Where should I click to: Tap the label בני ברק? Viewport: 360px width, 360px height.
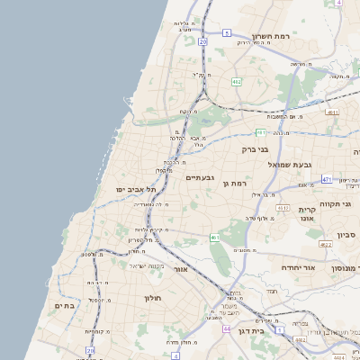tap(257, 149)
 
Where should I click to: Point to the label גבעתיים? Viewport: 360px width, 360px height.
tap(199, 177)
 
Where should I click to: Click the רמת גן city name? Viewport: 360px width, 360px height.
tap(234, 184)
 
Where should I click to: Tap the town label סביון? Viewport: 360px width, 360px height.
tap(346, 235)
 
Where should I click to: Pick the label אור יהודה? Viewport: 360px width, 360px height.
tap(289, 267)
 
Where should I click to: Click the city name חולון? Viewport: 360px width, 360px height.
tap(151, 297)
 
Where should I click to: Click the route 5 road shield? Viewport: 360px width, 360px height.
tap(227, 32)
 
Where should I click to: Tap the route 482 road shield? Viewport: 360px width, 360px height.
tap(236, 81)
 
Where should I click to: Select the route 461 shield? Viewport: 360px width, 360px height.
tap(215, 238)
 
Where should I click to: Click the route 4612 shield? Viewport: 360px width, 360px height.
tap(283, 208)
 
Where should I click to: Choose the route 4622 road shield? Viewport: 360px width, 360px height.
tap(325, 244)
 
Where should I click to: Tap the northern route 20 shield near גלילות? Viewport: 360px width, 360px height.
tap(203, 41)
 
